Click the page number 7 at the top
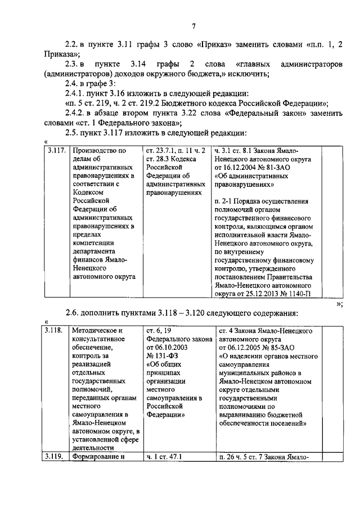click(193, 25)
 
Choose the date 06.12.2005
click(250, 347)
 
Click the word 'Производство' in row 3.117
click(95, 151)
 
